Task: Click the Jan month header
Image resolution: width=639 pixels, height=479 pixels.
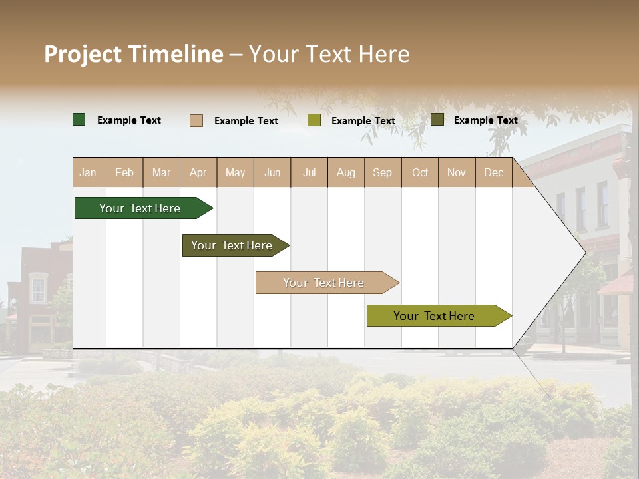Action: [88, 173]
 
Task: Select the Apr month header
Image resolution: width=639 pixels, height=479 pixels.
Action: [198, 173]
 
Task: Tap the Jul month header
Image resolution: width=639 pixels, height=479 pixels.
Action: [309, 173]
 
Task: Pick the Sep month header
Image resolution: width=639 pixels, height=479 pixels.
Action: [382, 173]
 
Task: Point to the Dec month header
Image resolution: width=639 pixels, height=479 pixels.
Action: [493, 173]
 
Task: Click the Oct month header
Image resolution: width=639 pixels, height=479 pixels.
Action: [419, 173]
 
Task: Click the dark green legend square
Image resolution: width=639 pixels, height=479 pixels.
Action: [79, 120]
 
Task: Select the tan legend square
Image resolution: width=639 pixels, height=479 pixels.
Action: [196, 120]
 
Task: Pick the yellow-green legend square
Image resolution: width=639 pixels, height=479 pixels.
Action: [314, 120]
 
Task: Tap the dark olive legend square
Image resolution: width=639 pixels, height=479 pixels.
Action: [437, 120]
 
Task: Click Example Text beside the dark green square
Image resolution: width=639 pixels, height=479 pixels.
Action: [129, 120]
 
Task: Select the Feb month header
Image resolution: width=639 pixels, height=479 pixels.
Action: [124, 173]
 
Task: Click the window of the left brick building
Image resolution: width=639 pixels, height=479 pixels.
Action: [38, 289]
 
